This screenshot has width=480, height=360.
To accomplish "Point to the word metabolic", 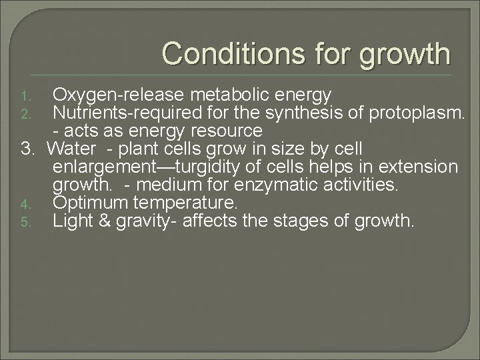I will coord(217,92).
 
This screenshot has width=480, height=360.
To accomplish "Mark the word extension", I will coord(419,165).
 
